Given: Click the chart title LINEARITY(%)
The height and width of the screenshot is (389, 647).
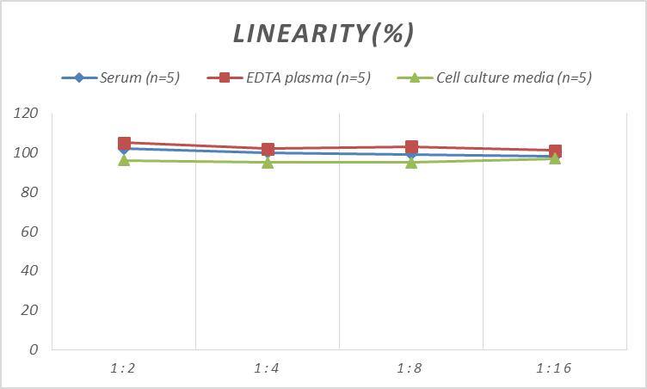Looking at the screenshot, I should tap(323, 34).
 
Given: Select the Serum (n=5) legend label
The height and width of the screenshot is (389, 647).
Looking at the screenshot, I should tap(139, 78).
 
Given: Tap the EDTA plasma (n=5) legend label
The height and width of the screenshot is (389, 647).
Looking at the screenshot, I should tap(307, 78).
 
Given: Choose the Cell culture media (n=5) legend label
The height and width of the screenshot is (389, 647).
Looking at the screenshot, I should tap(514, 78).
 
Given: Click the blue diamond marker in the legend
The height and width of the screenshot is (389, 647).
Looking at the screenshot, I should tap(79, 78).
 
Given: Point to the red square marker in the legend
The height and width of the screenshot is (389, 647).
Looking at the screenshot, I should tap(225, 78).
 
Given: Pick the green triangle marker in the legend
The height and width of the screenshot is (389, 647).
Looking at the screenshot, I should tap(414, 78).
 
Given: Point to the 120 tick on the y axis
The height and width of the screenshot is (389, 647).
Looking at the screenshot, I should tap(27, 114).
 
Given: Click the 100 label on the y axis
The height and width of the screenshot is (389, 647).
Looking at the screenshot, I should tap(27, 153).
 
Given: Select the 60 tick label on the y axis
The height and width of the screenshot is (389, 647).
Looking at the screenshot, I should tap(30, 232).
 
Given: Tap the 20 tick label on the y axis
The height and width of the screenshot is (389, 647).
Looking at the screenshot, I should tap(30, 310).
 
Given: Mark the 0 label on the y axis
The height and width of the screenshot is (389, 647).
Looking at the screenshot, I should tap(34, 349).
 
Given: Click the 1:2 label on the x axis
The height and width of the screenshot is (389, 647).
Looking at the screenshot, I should tap(123, 368).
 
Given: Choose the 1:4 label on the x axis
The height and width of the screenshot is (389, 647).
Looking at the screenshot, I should tap(267, 368).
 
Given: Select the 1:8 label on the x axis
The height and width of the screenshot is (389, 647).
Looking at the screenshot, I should tap(410, 368).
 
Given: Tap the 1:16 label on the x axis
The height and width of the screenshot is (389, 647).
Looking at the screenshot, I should tap(554, 368).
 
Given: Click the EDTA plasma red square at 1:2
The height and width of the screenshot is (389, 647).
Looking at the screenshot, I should tap(124, 143).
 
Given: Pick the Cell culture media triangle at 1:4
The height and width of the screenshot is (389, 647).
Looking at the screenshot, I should tap(268, 162).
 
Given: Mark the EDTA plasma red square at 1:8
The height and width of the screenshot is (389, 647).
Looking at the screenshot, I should tap(411, 147).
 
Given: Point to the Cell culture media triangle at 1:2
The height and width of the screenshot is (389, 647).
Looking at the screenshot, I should tap(124, 160).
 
